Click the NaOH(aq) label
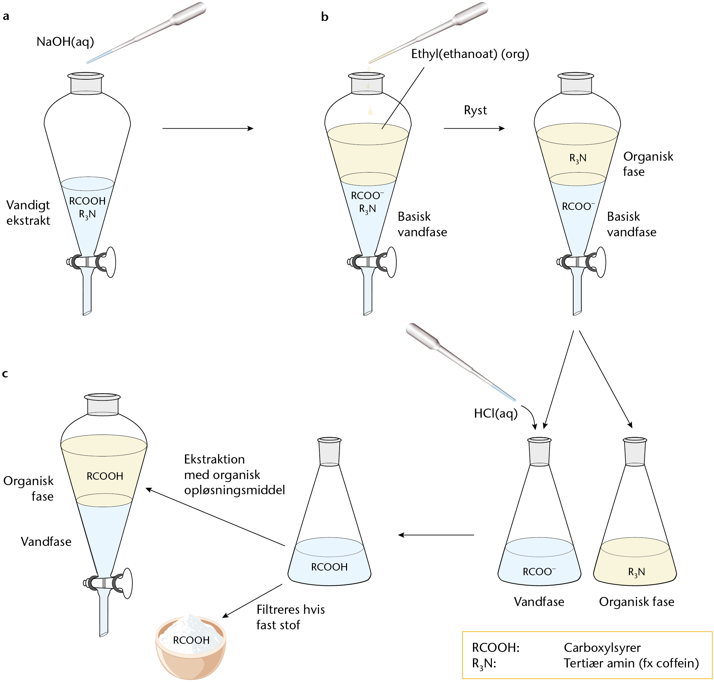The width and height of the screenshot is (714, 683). (x=65, y=42)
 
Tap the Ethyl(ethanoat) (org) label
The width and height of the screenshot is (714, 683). (x=470, y=54)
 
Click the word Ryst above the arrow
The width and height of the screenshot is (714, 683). (x=475, y=110)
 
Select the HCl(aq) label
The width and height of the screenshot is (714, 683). (x=496, y=414)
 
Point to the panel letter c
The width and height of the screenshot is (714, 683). (x=5, y=374)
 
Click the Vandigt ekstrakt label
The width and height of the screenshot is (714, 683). (x=28, y=213)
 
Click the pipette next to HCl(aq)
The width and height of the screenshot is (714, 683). (x=460, y=362)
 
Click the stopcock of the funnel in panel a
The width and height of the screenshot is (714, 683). (x=91, y=262)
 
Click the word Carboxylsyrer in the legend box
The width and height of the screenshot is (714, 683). (x=602, y=648)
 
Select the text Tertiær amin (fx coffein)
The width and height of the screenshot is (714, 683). (x=631, y=663)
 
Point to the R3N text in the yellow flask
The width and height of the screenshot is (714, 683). (x=636, y=572)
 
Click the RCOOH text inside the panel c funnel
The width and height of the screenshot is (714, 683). (x=105, y=476)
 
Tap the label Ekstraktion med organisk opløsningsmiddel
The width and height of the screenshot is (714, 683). (x=235, y=475)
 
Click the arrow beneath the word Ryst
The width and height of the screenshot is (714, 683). (x=474, y=129)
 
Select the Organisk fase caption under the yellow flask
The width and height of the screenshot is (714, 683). (x=636, y=602)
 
